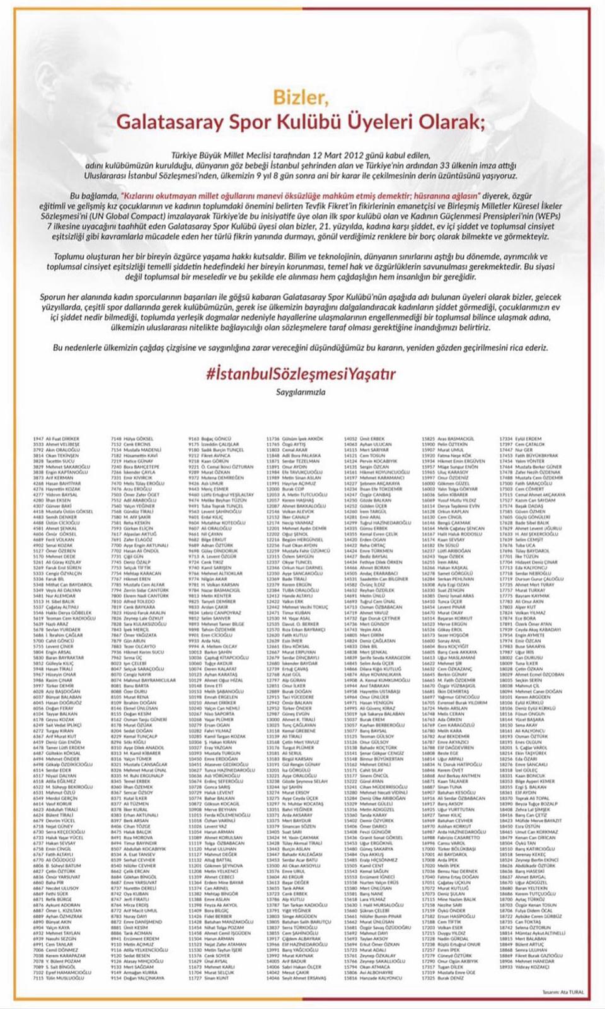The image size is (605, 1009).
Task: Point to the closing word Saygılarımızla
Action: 301,392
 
